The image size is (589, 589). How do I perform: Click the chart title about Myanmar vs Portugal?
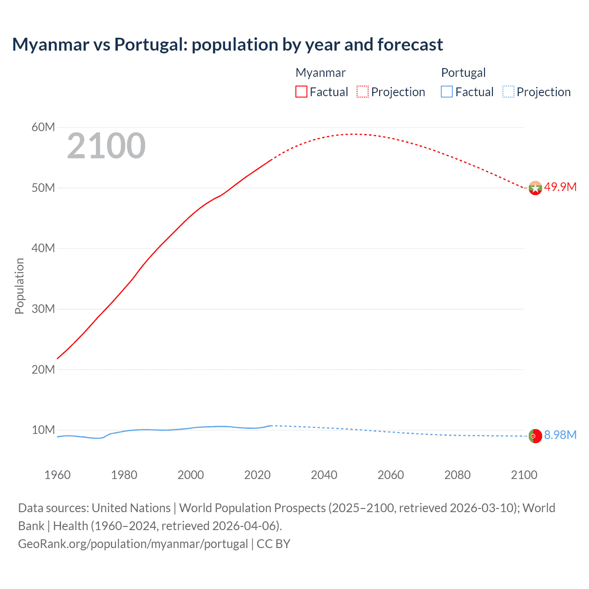[x=227, y=45]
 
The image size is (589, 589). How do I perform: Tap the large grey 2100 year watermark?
[x=106, y=146]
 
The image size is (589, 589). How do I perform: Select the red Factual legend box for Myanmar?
[x=301, y=92]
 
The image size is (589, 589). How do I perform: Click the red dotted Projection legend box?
[x=363, y=92]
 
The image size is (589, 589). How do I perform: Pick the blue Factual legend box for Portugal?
[x=447, y=92]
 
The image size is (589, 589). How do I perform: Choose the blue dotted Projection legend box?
[x=508, y=92]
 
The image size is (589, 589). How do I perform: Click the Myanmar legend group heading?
[x=320, y=73]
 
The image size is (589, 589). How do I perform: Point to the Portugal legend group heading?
[x=463, y=73]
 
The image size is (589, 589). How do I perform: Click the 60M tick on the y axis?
[x=43, y=127]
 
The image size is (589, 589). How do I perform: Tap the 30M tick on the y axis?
[x=43, y=309]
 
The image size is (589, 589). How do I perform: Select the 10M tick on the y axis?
[x=43, y=430]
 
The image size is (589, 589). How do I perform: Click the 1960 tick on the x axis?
[x=58, y=475]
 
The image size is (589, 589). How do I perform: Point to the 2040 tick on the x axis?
[x=324, y=475]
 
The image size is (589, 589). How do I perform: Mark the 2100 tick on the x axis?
[x=524, y=475]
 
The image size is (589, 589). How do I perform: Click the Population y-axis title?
[x=19, y=286]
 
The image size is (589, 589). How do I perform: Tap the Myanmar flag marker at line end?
[x=535, y=188]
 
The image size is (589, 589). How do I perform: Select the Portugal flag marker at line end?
[x=535, y=436]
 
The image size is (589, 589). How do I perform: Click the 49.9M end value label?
[x=560, y=187]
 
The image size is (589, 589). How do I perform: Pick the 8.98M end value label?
[x=560, y=435]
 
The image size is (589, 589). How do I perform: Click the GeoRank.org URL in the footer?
[x=133, y=543]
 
